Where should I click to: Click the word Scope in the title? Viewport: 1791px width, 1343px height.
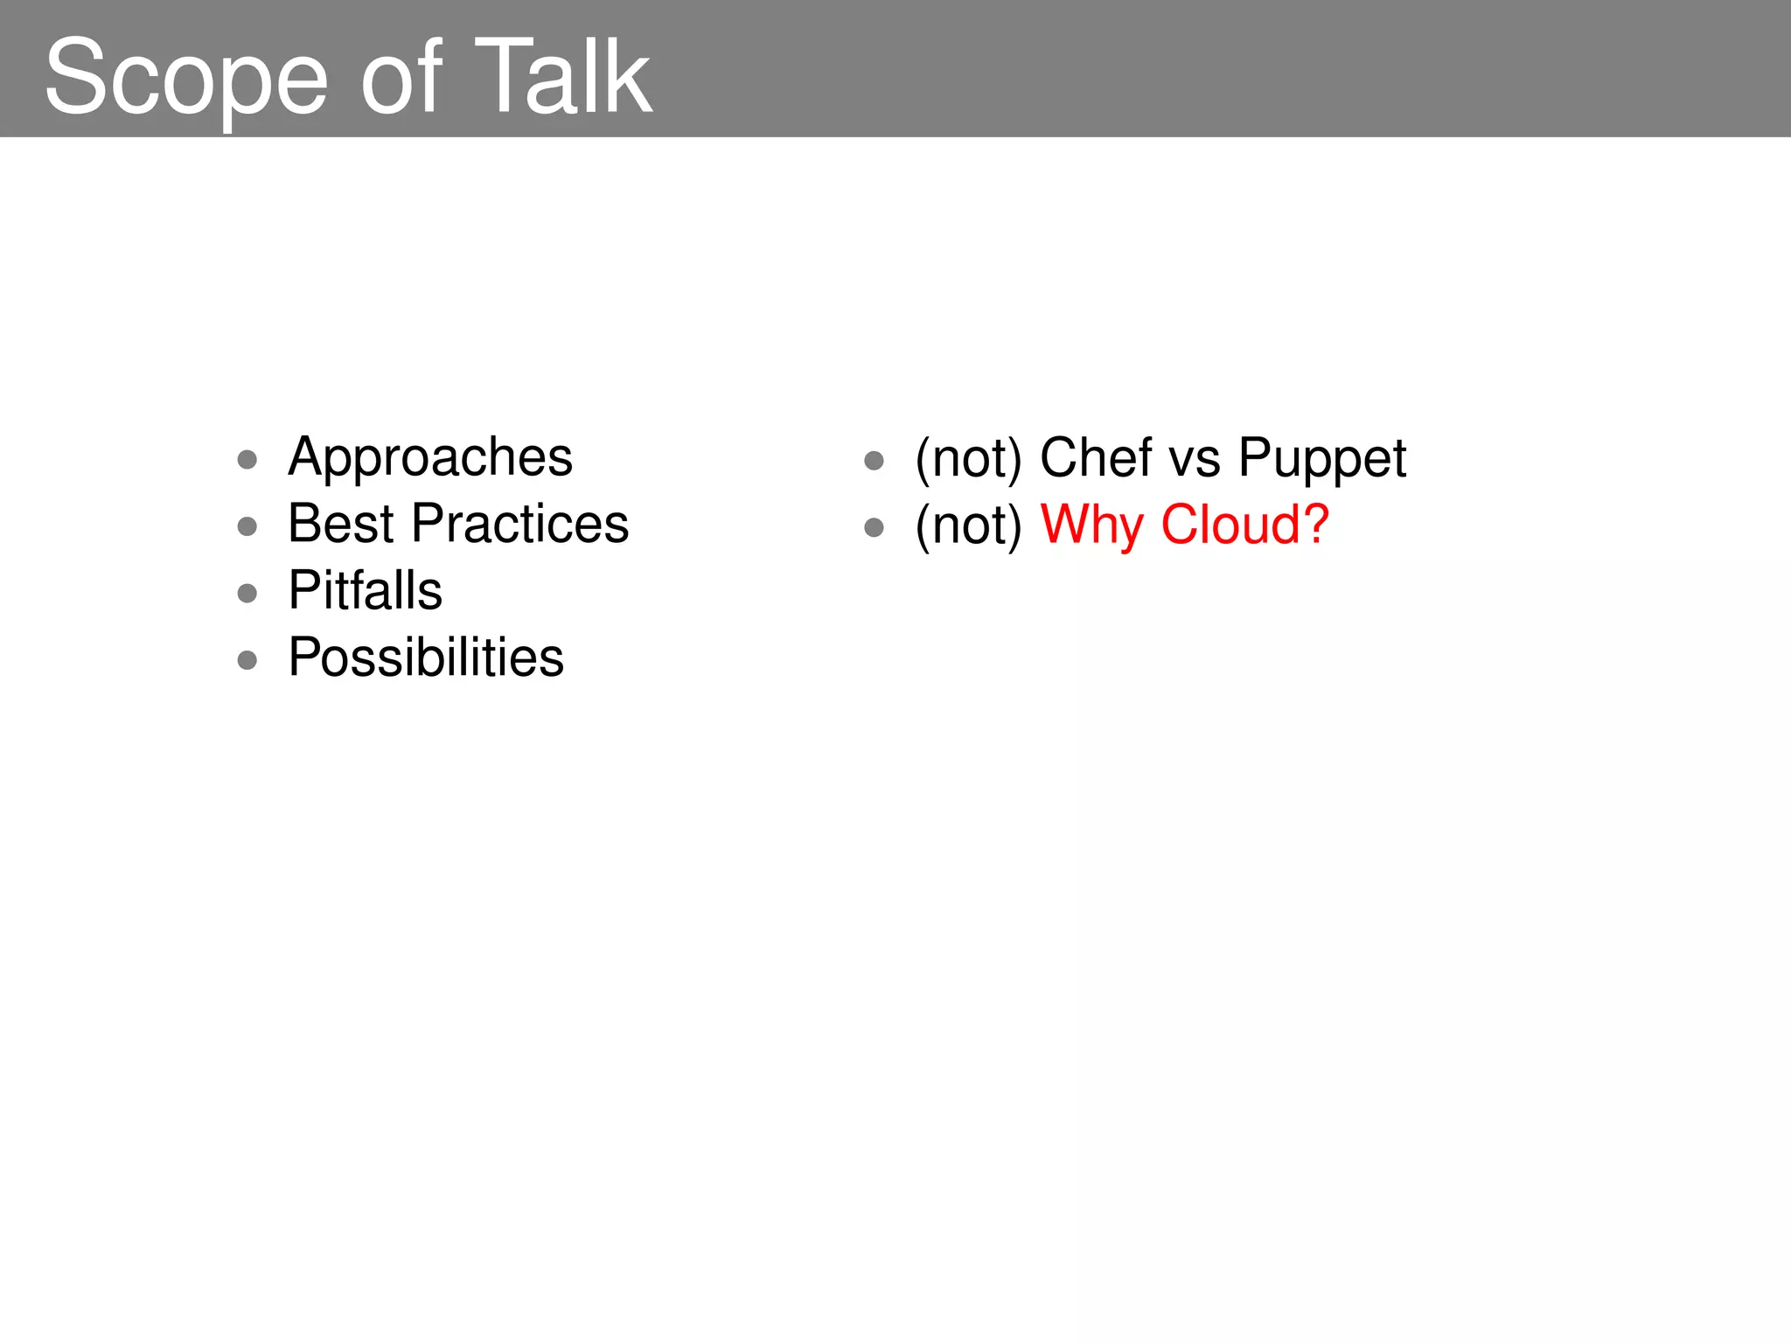[x=186, y=79]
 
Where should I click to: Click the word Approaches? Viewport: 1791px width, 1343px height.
[x=430, y=458]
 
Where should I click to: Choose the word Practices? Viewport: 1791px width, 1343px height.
[x=520, y=525]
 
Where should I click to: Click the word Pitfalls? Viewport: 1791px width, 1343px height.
[x=366, y=591]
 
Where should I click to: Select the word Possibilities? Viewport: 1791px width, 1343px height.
[x=426, y=658]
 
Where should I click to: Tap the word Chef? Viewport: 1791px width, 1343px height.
[x=1096, y=458]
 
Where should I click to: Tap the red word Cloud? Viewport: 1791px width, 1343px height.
[x=1245, y=525]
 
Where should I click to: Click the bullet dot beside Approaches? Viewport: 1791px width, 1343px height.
[x=247, y=460]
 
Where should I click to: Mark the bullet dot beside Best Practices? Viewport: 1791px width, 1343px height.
[x=247, y=526]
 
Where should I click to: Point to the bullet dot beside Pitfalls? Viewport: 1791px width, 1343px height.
[x=247, y=594]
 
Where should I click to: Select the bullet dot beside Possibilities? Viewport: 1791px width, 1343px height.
[x=247, y=660]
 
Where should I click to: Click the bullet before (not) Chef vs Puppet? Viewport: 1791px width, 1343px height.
[x=874, y=461]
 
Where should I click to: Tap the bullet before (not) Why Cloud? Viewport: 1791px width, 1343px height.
[x=874, y=527]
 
